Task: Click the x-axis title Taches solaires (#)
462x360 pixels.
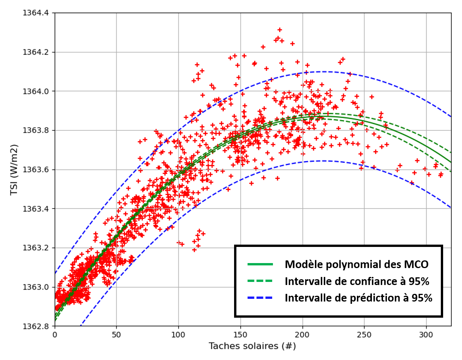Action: pos(252,346)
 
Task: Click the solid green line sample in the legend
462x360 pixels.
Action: pos(260,264)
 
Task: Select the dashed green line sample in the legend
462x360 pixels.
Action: pos(260,281)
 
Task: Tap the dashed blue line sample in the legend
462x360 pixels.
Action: pos(260,298)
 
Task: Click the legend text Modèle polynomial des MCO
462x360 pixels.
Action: pos(357,264)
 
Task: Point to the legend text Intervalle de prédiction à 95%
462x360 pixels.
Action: pos(358,298)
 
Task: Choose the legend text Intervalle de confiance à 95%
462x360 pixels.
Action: pos(357,281)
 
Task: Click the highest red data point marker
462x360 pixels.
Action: pos(280,30)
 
